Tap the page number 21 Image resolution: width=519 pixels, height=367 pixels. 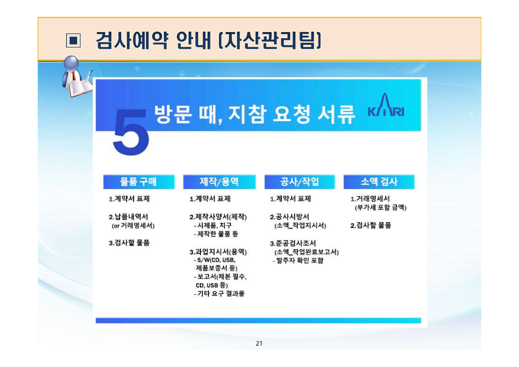point(259,344)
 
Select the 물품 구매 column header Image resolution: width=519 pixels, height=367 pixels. point(138,182)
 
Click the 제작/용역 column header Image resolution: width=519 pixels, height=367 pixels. point(219,182)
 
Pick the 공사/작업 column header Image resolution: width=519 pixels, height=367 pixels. point(299,182)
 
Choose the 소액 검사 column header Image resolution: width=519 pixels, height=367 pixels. point(379,182)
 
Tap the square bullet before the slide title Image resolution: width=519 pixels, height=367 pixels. point(73,41)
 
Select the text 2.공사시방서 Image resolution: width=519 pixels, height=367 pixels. point(290,217)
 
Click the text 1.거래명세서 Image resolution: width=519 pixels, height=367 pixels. point(370,199)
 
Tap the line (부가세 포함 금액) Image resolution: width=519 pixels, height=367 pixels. point(380,208)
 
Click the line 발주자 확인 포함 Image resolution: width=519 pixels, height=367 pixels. point(299,261)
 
